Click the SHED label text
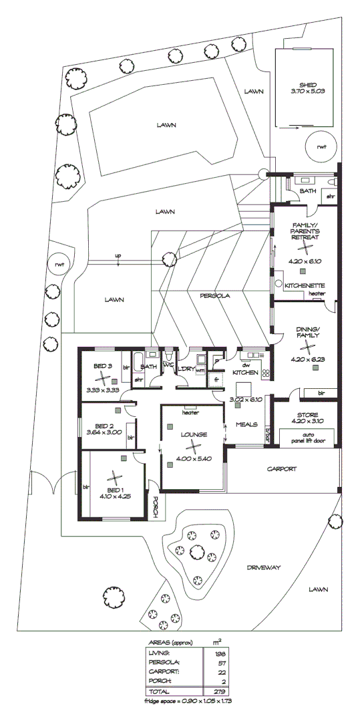[x=307, y=85]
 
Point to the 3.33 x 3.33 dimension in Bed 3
[x=103, y=388]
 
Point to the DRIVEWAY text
[x=263, y=567]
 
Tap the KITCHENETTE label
[x=305, y=285]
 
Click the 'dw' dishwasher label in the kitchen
[x=246, y=366]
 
